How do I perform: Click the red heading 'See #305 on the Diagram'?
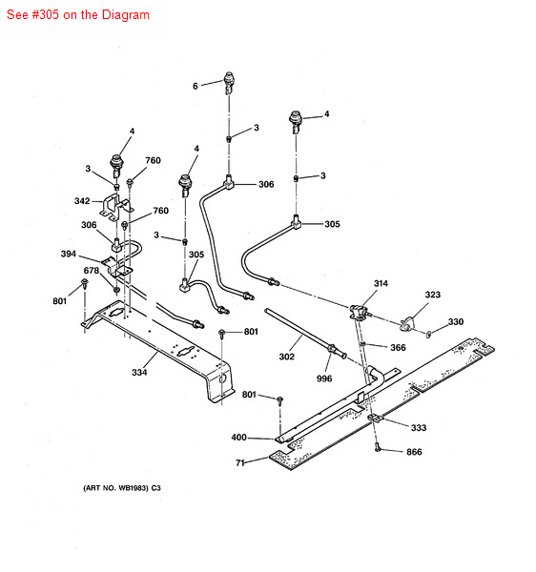pyautogui.click(x=78, y=15)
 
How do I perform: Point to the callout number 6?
pyautogui.click(x=195, y=86)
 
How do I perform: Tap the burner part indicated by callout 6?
pyautogui.click(x=229, y=81)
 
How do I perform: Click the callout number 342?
pyautogui.click(x=82, y=201)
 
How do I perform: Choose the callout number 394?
pyautogui.click(x=68, y=255)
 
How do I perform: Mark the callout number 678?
pyautogui.click(x=91, y=271)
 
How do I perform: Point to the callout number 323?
pyautogui.click(x=433, y=295)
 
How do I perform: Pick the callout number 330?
pyautogui.click(x=456, y=322)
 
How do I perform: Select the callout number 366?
pyautogui.click(x=398, y=348)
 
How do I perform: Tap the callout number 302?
pyautogui.click(x=286, y=357)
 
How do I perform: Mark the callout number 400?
pyautogui.click(x=238, y=438)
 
